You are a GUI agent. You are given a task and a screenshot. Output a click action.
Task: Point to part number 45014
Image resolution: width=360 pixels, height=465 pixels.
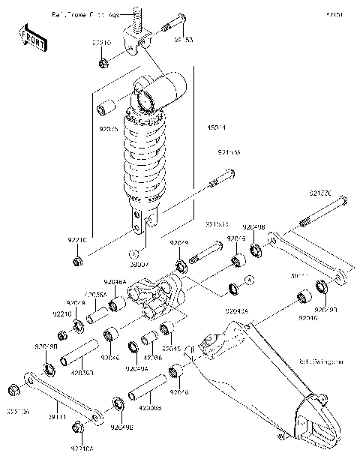216,128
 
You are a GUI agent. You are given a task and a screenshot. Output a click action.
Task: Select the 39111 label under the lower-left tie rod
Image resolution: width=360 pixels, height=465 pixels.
58,415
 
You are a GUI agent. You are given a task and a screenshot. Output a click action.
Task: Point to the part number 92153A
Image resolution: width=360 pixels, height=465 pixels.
229,152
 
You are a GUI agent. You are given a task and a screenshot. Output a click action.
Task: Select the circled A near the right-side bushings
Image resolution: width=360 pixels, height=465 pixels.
250,278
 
